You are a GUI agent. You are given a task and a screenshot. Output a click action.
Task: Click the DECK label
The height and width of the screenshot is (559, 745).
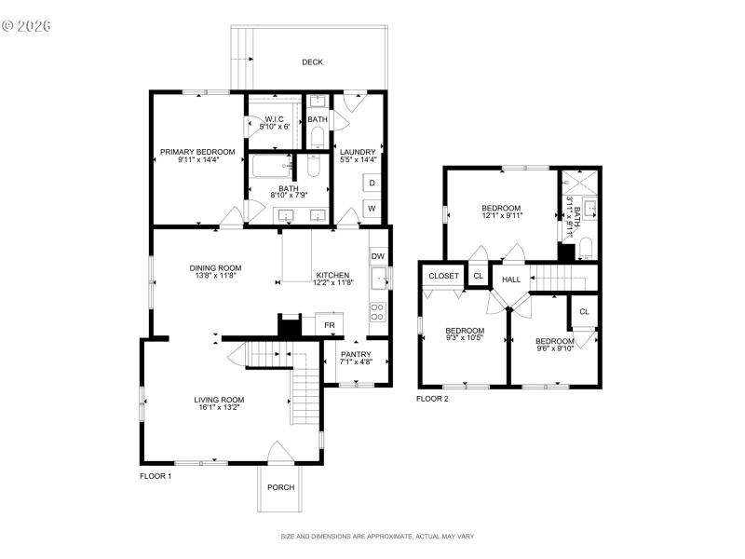312,62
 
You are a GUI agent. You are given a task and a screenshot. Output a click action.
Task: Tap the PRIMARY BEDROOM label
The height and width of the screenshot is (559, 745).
197,151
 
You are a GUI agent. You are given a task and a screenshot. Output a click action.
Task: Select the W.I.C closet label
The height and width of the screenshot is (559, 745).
274,119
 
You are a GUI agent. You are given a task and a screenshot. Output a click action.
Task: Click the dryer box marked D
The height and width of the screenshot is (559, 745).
371,183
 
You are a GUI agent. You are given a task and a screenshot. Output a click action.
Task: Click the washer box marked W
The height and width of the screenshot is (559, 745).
371,208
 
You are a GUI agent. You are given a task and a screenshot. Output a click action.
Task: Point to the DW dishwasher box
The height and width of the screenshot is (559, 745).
377,255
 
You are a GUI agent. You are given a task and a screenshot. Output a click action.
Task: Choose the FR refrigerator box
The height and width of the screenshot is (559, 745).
330,325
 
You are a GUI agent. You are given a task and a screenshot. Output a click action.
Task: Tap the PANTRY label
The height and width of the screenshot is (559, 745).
356,354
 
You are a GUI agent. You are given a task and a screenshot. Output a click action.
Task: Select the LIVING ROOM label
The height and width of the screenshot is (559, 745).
220,400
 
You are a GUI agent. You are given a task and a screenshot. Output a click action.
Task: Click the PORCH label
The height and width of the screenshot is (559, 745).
280,487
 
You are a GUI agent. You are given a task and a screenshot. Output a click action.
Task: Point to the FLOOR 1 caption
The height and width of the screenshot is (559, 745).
156,476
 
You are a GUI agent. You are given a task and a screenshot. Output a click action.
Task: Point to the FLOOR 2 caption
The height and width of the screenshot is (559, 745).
432,399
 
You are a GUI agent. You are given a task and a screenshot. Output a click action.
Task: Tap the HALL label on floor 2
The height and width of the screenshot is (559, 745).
511,279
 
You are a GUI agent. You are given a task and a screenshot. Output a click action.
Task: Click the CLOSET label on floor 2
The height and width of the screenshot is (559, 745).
443,277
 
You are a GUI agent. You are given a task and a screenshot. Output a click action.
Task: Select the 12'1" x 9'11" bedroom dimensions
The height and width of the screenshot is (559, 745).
502,215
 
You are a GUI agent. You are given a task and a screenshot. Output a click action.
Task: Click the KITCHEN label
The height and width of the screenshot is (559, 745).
332,275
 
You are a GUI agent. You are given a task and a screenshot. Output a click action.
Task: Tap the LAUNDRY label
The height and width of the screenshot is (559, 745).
358,152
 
